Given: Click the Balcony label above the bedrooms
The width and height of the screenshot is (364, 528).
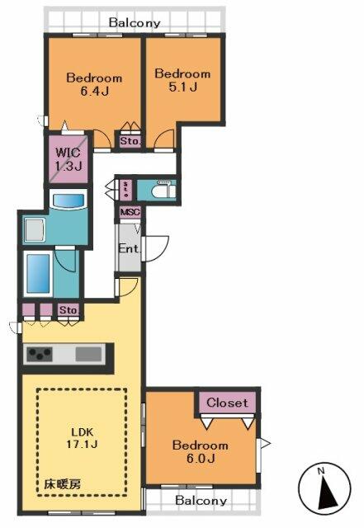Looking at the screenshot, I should click(134, 23).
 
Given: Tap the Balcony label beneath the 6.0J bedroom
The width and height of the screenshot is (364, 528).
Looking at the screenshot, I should click(201, 501).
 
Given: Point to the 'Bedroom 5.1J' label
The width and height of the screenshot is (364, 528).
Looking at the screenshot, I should click(182, 80).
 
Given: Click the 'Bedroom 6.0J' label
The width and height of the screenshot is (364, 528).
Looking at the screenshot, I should click(200, 452).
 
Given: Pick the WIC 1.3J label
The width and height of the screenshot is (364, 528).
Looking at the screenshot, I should click(69, 159).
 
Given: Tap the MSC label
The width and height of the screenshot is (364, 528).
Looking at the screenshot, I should click(130, 212).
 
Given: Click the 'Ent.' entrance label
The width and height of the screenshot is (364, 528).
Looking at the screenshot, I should click(129, 249).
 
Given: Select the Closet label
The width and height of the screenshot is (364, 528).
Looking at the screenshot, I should click(226, 403).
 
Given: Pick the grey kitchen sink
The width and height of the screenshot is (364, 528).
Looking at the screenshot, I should click(87, 354).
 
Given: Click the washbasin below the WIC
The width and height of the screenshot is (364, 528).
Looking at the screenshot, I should click(66, 200).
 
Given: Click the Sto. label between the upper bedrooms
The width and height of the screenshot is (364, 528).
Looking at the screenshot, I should click(130, 141).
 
